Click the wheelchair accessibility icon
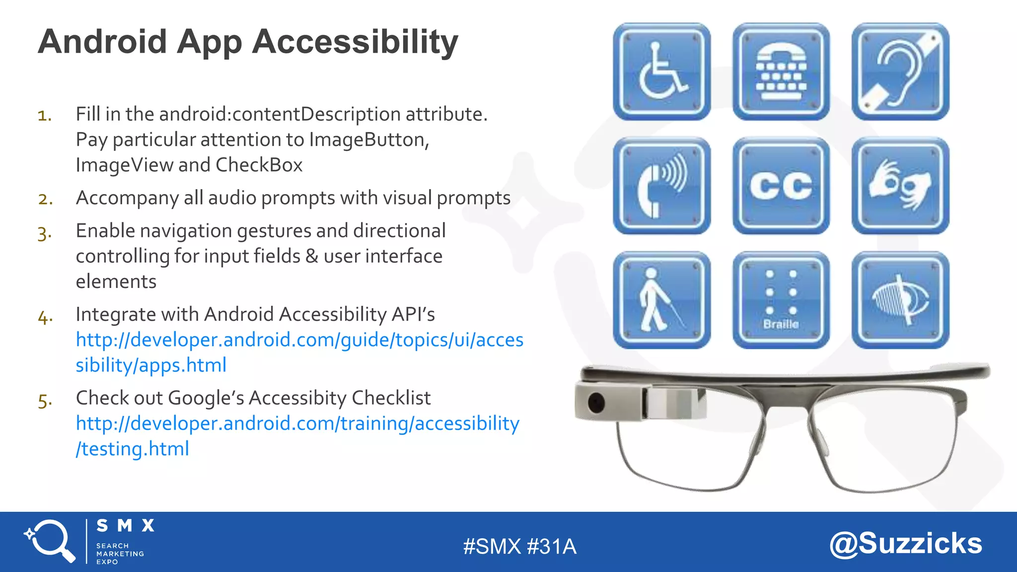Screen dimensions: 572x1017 [x=661, y=71]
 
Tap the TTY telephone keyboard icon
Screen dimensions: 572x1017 [x=781, y=71]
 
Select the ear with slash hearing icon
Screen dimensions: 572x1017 [x=900, y=71]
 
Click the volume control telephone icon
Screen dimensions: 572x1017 [x=661, y=186]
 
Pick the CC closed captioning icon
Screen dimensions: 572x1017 [x=781, y=186]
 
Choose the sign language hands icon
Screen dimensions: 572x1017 [x=900, y=186]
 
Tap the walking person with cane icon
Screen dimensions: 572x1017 [x=661, y=300]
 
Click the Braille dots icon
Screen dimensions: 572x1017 [x=781, y=300]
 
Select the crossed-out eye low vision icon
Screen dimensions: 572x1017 [x=900, y=300]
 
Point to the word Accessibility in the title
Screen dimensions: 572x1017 [x=355, y=42]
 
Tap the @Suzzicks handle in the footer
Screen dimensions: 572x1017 [x=906, y=544]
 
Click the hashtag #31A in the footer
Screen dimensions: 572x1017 [x=551, y=547]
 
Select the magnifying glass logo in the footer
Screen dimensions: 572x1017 [x=50, y=540]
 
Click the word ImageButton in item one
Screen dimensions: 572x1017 [x=368, y=140]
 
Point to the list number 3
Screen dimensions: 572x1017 [x=44, y=233]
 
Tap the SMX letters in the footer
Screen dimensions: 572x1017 [x=125, y=526]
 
